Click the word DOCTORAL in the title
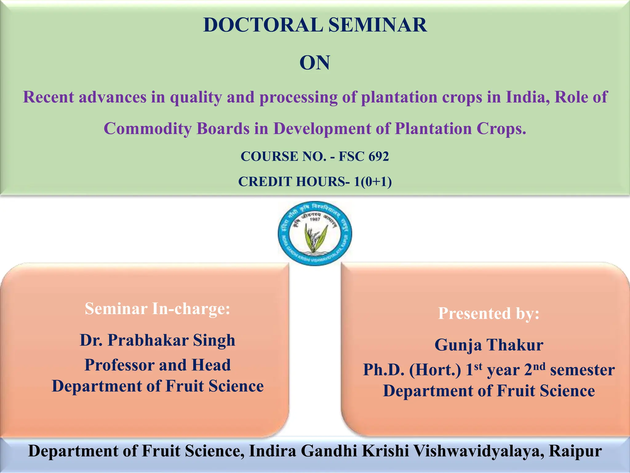tap(263, 25)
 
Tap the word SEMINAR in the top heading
tap(378, 25)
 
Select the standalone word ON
tap(315, 63)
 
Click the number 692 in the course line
tap(379, 156)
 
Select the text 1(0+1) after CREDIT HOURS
tap(373, 182)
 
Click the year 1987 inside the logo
tap(315, 219)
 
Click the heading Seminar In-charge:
tap(157, 309)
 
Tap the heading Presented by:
tap(488, 313)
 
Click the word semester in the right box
tap(582, 370)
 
